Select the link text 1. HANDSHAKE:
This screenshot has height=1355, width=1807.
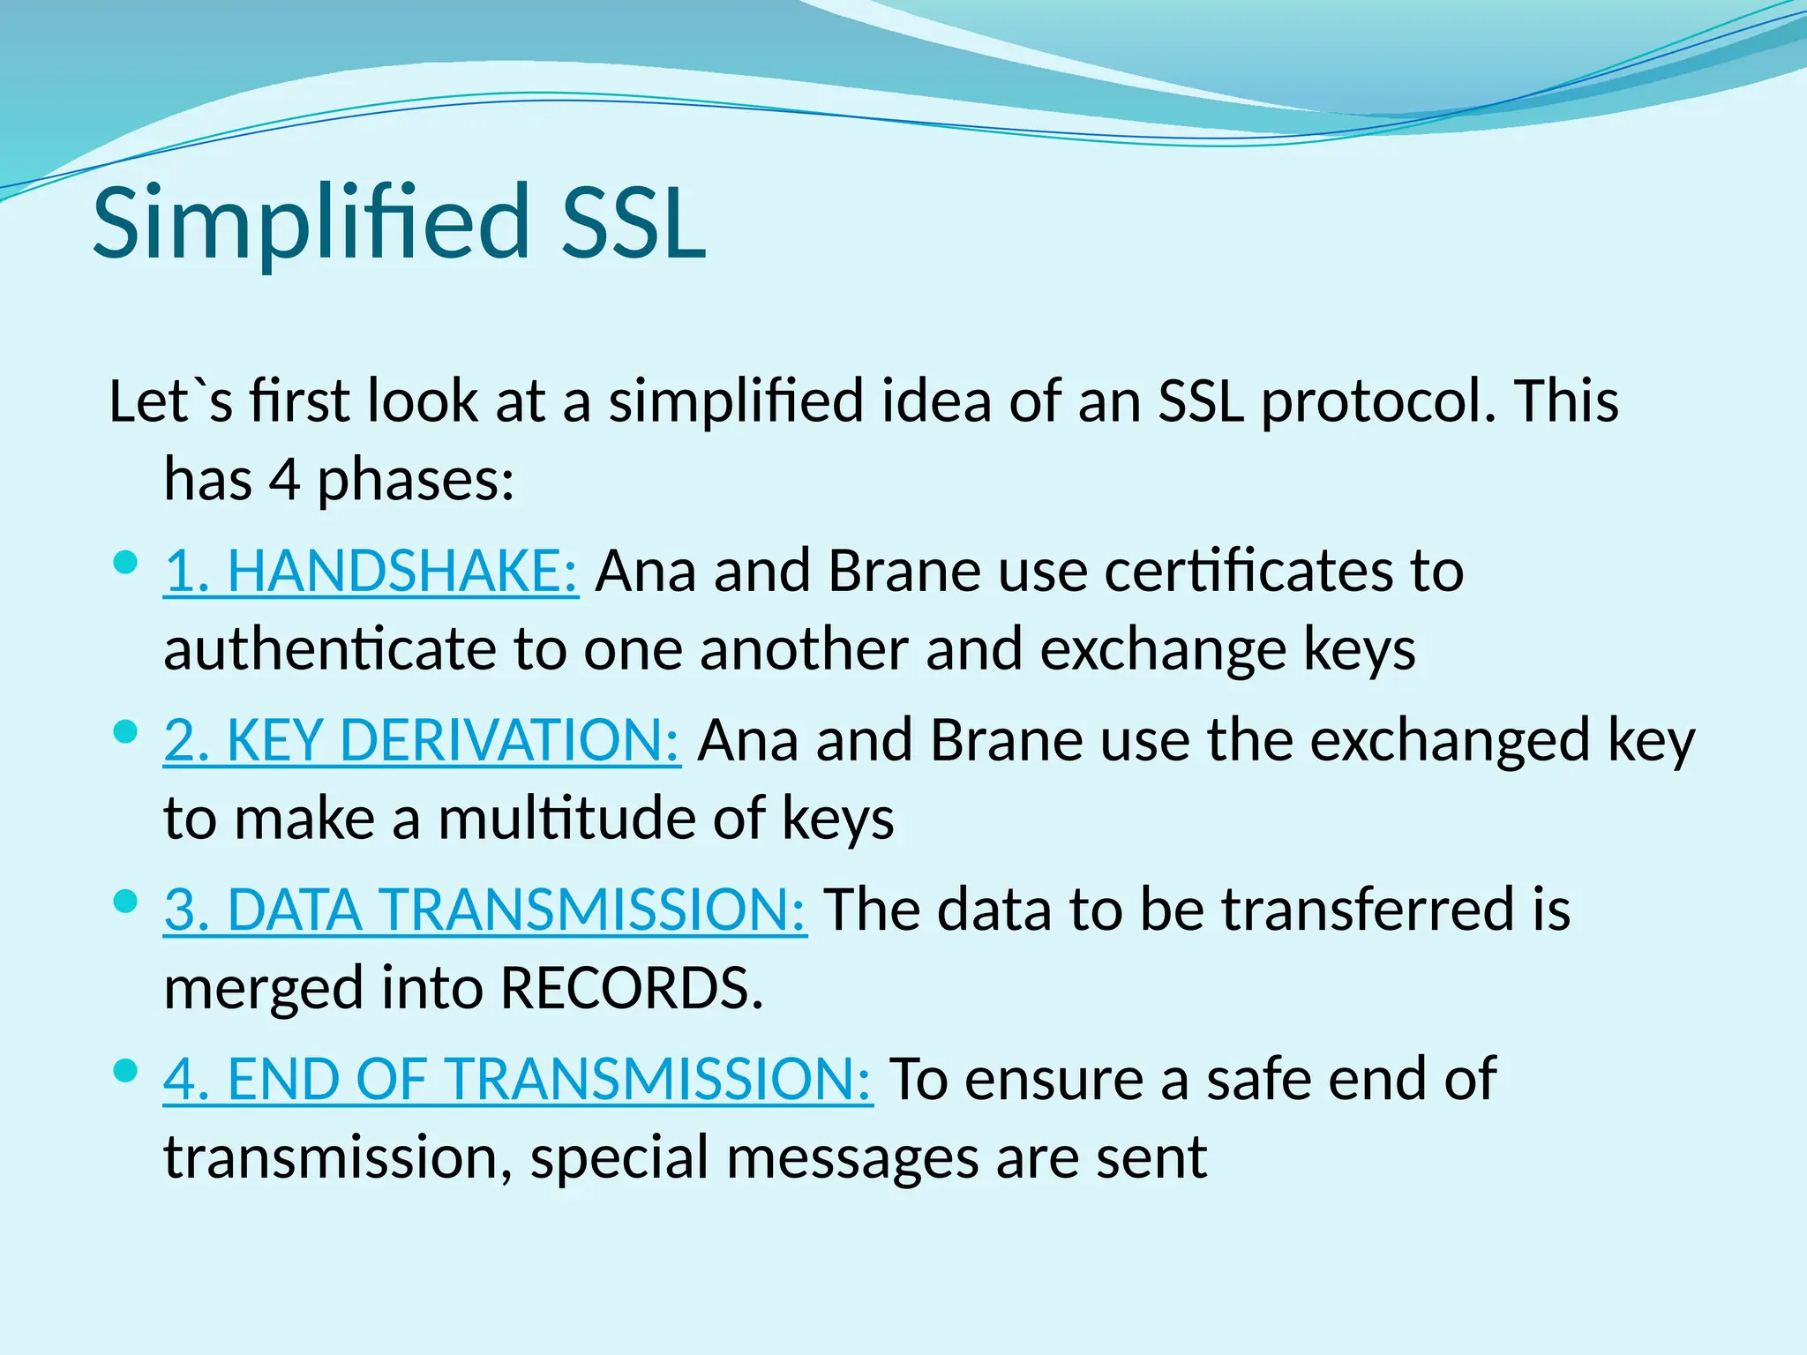(371, 571)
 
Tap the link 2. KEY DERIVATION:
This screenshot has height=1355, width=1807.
(422, 740)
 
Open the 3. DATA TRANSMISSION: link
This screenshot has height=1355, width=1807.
(485, 910)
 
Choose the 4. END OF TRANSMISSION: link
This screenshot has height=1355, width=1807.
(518, 1079)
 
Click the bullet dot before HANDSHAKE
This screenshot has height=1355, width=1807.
(127, 563)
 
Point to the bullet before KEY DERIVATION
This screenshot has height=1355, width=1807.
(127, 732)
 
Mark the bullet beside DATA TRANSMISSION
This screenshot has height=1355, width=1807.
(127, 902)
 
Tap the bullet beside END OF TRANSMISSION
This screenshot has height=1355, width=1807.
(127, 1071)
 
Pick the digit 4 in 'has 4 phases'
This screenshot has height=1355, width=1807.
(284, 481)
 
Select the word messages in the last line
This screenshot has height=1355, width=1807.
(852, 1157)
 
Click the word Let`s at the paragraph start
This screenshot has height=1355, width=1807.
(171, 401)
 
